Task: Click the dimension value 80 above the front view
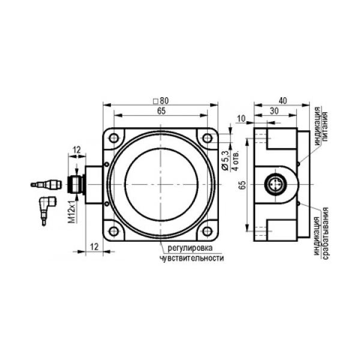click(x=164, y=101)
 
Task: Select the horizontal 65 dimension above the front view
click(x=161, y=111)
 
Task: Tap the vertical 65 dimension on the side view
click(x=242, y=185)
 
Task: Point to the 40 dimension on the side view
click(x=283, y=101)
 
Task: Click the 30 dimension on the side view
click(x=274, y=111)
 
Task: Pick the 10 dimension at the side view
click(x=241, y=119)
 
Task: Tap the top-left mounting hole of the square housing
click(x=114, y=138)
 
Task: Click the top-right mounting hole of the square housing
click(x=208, y=138)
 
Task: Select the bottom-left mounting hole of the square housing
click(x=114, y=231)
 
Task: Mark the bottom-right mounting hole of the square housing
click(x=208, y=231)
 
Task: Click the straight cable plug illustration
click(x=46, y=184)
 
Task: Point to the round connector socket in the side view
click(x=274, y=184)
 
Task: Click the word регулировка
click(x=190, y=248)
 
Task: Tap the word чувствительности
click(x=192, y=258)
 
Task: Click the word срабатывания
click(x=326, y=233)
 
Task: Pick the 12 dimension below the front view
click(x=94, y=247)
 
